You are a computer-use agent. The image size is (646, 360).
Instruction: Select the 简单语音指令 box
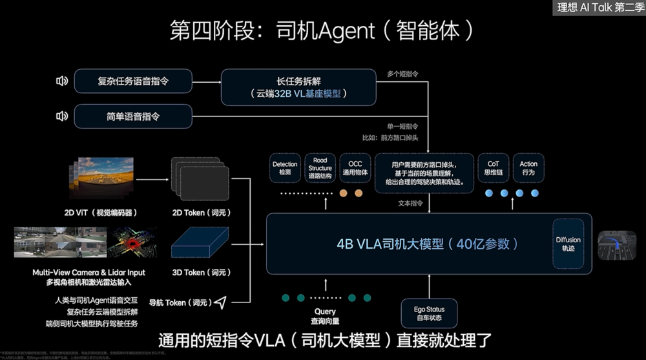click(x=133, y=116)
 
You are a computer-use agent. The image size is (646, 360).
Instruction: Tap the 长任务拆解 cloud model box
click(x=298, y=87)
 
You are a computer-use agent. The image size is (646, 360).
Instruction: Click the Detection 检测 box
click(x=286, y=169)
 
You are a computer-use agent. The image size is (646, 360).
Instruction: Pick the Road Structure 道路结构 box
click(x=320, y=168)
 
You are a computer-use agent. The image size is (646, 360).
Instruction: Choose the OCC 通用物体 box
click(x=355, y=169)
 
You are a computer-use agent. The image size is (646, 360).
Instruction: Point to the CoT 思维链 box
click(x=493, y=169)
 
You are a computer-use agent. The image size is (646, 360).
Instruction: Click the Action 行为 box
click(x=528, y=169)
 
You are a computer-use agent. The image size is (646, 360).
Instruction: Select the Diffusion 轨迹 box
click(x=568, y=244)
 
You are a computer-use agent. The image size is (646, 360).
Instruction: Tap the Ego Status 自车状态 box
click(x=429, y=313)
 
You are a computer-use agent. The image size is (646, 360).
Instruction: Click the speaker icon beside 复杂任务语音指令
click(x=62, y=81)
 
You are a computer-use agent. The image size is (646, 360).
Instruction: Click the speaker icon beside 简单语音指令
click(x=62, y=116)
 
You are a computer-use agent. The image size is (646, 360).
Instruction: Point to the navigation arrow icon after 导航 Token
click(x=222, y=302)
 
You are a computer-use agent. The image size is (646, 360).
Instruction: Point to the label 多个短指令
click(x=402, y=74)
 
